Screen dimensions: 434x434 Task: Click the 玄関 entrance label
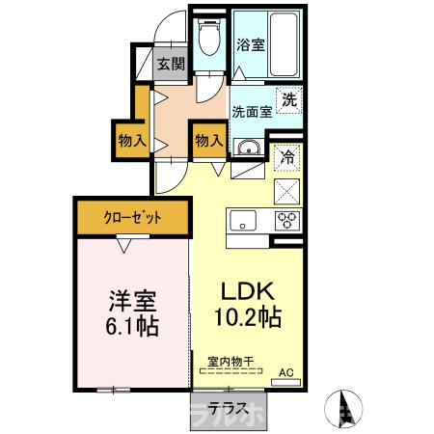tap(171, 65)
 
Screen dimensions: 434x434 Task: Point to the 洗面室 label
tap(251, 109)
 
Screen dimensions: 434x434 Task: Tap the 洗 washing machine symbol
tap(288, 98)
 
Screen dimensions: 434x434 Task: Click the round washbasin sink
tap(249, 148)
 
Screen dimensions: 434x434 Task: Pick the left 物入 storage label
tap(132, 141)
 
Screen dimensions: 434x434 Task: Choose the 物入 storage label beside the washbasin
tap(209, 141)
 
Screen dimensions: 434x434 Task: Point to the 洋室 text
tap(132, 299)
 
